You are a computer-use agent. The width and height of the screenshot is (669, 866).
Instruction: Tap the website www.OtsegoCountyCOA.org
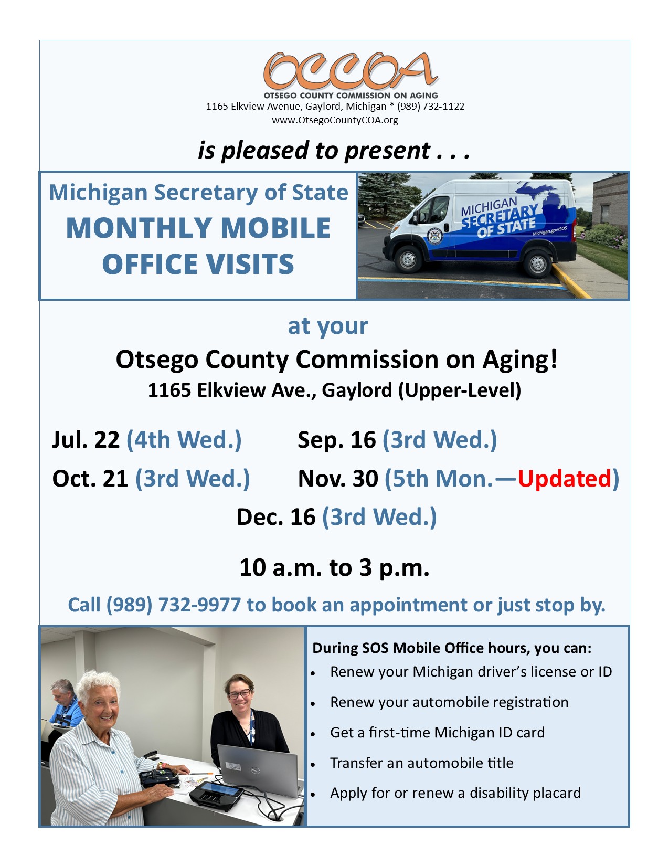point(335,120)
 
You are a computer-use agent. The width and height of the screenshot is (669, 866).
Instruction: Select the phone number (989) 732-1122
point(431,107)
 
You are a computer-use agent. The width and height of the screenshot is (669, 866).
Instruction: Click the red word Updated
point(564,478)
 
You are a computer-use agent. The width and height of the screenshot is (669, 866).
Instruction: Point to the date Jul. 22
point(86,440)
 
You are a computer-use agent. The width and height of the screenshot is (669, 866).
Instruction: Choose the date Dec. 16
point(275,517)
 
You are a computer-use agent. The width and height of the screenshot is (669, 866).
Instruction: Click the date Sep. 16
point(337,440)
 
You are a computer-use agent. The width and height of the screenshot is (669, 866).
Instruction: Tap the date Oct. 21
point(90,478)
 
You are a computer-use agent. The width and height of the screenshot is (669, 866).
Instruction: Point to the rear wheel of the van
point(537,263)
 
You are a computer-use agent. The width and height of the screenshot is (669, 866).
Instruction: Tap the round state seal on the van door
point(434,236)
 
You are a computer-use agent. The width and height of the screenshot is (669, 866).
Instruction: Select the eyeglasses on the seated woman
point(239,694)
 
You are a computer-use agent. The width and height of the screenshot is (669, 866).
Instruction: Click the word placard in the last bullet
point(557,793)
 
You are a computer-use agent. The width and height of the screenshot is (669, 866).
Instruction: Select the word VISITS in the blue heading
point(250,264)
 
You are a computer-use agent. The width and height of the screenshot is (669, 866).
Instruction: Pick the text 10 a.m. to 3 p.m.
point(334,567)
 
